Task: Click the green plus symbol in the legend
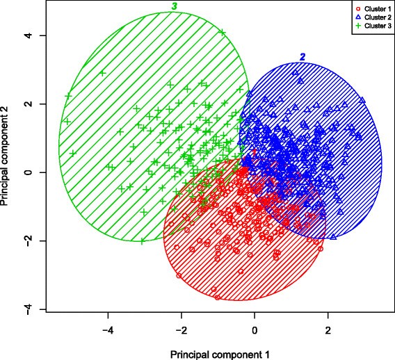click(357, 24)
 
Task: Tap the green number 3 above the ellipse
click(175, 6)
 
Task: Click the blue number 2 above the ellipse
click(302, 56)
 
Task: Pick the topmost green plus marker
click(222, 32)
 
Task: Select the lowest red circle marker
click(218, 297)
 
